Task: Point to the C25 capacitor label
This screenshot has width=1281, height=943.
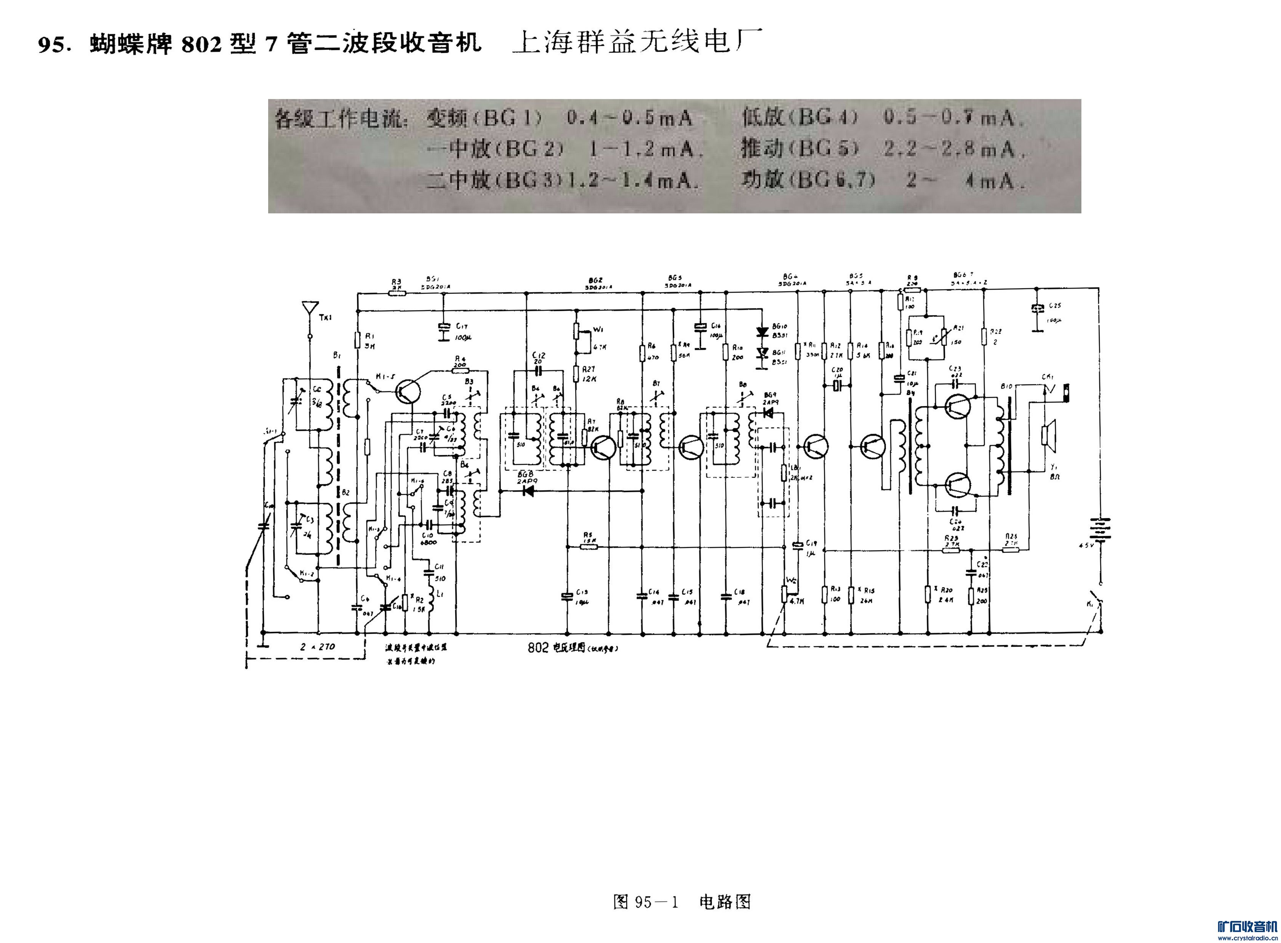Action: point(1054,306)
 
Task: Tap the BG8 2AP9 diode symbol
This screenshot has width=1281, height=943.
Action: point(528,490)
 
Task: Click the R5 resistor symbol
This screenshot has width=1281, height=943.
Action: point(588,546)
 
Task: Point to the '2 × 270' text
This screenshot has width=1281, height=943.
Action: point(318,647)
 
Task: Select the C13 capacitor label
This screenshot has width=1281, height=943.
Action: point(581,592)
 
